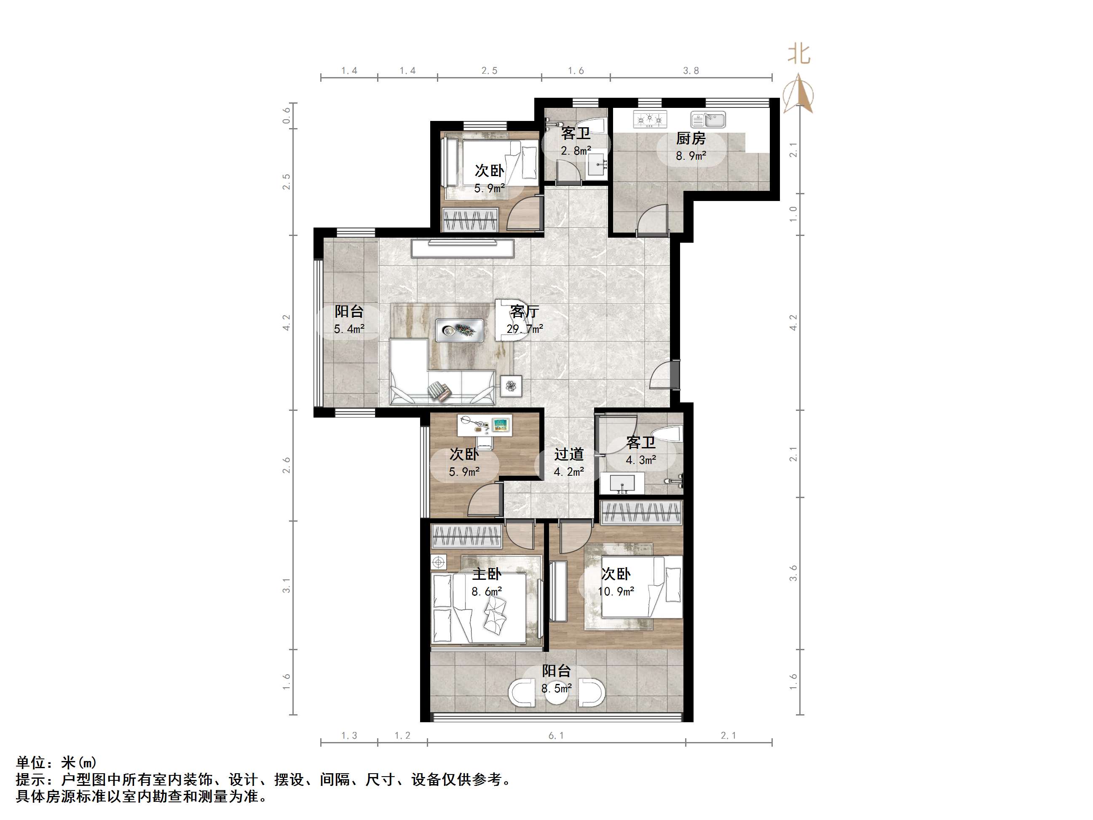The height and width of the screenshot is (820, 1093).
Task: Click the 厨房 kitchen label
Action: (x=690, y=138)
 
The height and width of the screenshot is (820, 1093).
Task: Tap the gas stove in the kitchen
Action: (x=650, y=119)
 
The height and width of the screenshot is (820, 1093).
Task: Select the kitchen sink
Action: (x=707, y=120)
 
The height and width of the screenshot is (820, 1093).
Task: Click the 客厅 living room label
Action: (x=524, y=311)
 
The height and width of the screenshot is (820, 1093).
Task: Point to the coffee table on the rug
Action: (x=459, y=330)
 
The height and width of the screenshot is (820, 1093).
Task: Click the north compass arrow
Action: (x=798, y=94)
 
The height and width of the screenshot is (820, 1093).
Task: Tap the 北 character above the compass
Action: (x=798, y=54)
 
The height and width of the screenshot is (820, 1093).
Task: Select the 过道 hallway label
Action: (x=569, y=454)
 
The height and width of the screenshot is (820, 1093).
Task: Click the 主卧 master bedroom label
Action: (x=487, y=574)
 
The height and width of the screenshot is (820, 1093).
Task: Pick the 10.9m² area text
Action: (x=616, y=591)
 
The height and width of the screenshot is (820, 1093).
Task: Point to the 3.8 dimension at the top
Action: (x=691, y=71)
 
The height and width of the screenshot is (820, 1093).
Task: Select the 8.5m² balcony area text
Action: (x=556, y=688)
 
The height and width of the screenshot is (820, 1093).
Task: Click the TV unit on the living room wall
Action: (x=463, y=248)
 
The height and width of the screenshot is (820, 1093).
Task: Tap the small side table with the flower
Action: (x=511, y=386)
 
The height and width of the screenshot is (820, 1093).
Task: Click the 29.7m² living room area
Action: (x=524, y=329)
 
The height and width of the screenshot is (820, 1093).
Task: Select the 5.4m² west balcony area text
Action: (x=349, y=329)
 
